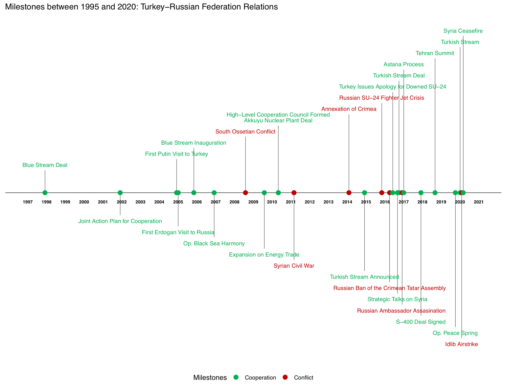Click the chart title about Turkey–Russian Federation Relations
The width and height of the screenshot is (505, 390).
141,7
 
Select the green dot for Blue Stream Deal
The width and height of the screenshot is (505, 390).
45,193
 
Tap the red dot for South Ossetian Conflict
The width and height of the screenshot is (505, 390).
246,193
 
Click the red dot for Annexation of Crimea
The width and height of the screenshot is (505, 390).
349,193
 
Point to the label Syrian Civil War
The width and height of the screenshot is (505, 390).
294,266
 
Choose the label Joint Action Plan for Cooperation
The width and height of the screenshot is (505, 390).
120,221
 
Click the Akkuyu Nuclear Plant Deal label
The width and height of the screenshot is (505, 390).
278,121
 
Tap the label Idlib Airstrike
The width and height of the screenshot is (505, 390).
461,344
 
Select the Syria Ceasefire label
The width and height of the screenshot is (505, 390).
463,31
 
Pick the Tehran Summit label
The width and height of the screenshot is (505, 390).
435,53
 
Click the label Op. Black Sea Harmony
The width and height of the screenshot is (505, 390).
214,243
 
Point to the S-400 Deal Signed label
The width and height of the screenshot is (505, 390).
421,322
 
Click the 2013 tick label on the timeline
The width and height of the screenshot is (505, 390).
328,202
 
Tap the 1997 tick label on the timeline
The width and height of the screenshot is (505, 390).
28,202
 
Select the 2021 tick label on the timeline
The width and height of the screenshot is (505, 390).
479,202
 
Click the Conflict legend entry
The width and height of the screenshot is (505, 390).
303,377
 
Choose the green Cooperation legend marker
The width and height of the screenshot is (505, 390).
236,377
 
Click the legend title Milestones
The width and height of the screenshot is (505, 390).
210,377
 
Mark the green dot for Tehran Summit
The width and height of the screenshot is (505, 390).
435,193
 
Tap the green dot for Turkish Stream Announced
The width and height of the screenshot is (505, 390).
364,193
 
